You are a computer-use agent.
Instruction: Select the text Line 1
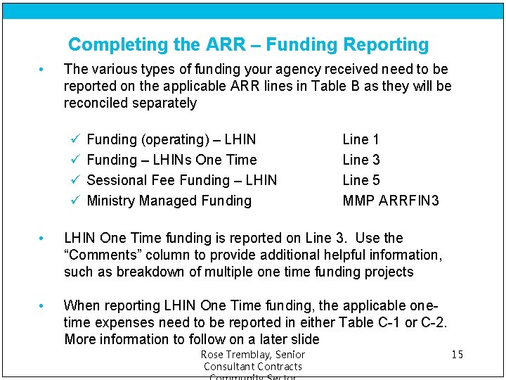click(x=361, y=140)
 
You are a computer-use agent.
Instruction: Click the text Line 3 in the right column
click(x=361, y=160)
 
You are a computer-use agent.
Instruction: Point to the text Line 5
click(x=361, y=181)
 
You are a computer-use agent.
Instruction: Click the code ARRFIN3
click(x=409, y=201)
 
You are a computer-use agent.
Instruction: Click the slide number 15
click(x=457, y=355)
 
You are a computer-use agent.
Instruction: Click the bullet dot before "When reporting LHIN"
click(x=43, y=306)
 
